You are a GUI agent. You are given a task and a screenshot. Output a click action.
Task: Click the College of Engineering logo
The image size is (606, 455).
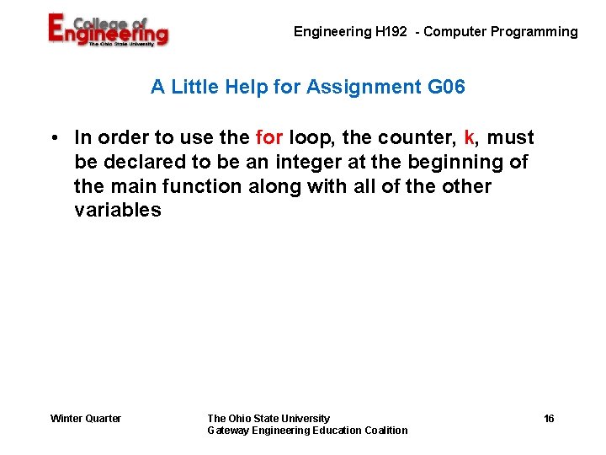pos(107,30)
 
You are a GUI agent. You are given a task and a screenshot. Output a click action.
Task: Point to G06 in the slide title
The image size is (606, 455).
pos(446,87)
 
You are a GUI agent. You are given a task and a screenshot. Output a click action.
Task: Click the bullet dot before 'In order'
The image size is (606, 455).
pos(53,137)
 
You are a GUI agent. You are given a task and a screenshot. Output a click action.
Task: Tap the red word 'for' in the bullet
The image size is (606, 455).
pos(268,137)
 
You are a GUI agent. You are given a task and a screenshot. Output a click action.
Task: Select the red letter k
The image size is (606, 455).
pos(469,137)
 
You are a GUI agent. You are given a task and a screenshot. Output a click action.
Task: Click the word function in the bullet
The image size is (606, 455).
pos(203,186)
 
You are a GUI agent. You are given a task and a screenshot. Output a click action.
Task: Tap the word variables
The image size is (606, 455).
pos(117,211)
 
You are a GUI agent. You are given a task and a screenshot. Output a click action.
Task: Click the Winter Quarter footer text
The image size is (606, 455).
pos(86,419)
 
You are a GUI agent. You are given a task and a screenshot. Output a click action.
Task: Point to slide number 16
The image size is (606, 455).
pos(549,419)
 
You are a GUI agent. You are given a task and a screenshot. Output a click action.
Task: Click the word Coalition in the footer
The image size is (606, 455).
pos(386,431)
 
